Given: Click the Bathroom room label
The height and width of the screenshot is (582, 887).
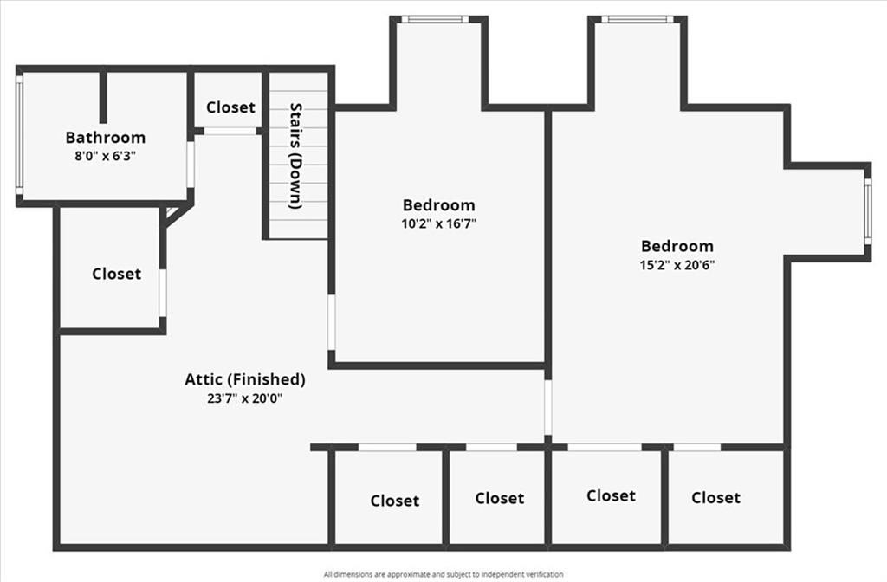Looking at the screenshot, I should [106, 138].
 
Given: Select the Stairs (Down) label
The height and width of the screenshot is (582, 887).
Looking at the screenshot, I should [295, 156].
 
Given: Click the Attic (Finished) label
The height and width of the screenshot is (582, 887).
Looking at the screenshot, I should [245, 379].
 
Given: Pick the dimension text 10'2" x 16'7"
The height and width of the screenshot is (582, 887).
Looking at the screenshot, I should [438, 223].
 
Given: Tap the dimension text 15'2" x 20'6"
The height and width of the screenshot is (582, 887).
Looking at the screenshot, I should [677, 264].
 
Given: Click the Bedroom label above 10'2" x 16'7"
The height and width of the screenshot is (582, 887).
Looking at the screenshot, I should [438, 205].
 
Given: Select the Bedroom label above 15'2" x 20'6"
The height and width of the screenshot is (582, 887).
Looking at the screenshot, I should [677, 246].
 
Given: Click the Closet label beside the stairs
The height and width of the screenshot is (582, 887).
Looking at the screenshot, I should [230, 107].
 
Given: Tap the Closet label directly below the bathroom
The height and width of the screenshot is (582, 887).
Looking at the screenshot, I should [116, 274].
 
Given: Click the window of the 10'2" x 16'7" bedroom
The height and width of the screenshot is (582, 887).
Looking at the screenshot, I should [435, 19].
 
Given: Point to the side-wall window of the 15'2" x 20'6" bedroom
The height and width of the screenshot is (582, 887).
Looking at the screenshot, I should [866, 210].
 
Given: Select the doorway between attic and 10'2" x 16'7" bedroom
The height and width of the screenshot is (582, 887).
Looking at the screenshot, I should [331, 321].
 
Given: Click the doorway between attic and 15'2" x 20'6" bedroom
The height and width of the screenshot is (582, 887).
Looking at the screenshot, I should [547, 407].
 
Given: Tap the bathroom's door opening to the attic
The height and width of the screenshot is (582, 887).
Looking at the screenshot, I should [191, 165].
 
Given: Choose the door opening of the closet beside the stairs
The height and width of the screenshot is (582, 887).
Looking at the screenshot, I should [230, 131].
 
